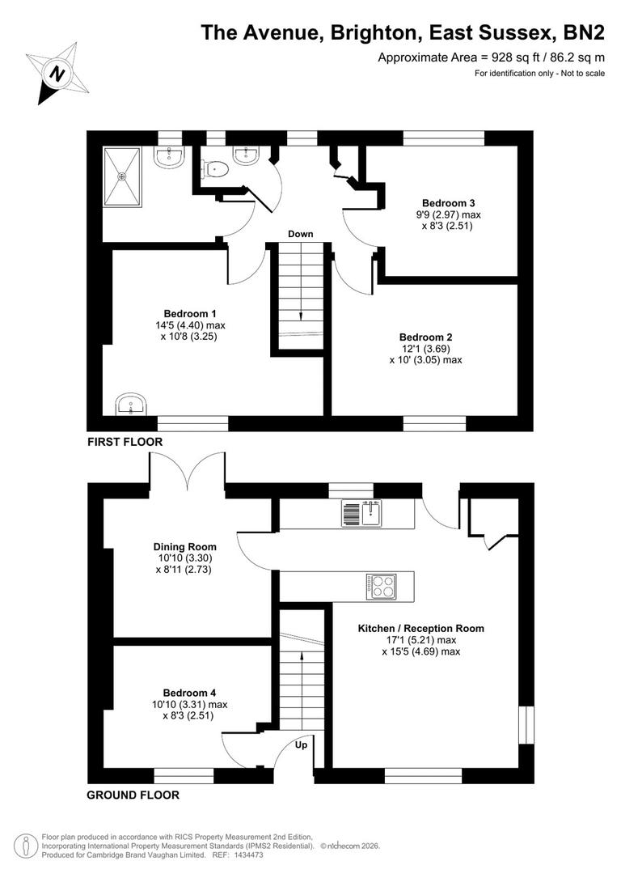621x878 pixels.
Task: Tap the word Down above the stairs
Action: (300, 234)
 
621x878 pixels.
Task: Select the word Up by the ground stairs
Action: (301, 744)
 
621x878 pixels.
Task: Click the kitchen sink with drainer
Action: (362, 514)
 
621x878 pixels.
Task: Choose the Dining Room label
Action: (185, 547)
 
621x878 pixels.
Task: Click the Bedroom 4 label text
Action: (189, 693)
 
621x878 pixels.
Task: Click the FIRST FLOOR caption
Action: (125, 442)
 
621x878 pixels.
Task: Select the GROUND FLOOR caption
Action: (133, 795)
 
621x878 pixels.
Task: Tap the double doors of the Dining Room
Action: (187, 472)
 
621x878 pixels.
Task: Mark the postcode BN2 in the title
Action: (582, 33)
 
